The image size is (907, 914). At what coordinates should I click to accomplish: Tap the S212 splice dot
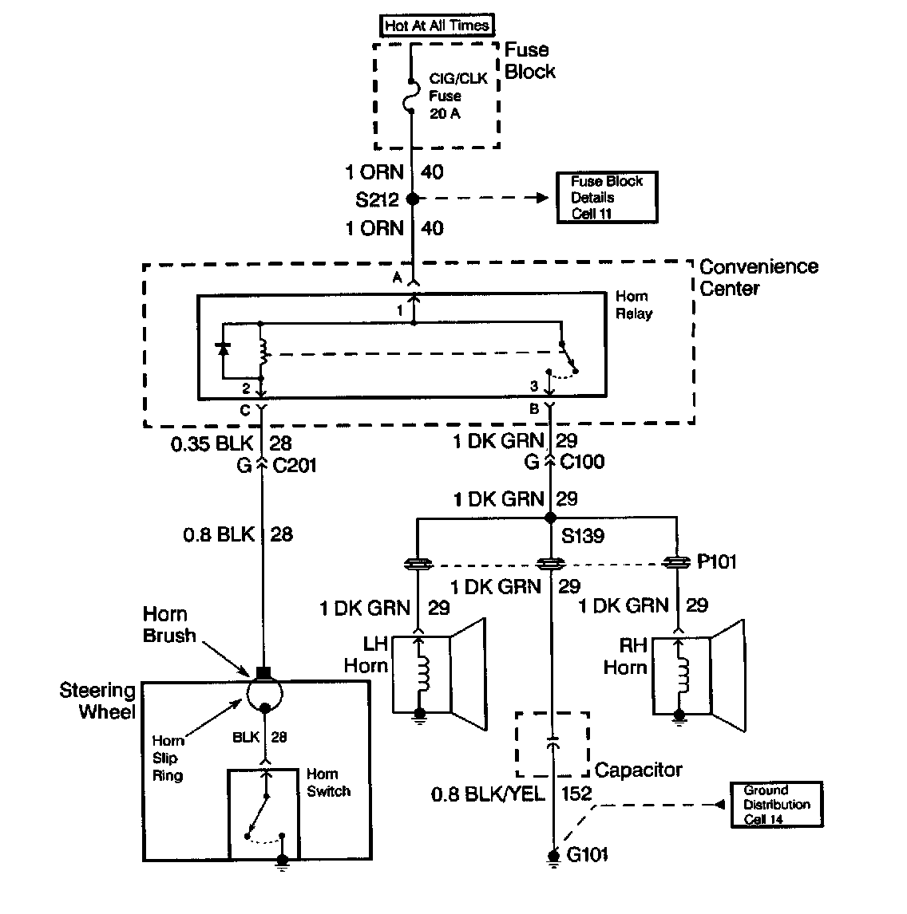point(412,199)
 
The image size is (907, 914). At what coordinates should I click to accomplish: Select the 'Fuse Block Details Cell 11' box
point(607,197)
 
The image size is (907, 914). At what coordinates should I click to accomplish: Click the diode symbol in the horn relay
point(224,349)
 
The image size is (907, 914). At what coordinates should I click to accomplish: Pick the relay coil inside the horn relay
point(262,349)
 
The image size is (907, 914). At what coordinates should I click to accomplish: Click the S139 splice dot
point(550,518)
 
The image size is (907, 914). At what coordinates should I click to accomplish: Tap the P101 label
point(716,562)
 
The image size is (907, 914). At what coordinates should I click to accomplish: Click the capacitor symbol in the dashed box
point(552,743)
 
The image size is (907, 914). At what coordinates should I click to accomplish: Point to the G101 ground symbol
point(552,857)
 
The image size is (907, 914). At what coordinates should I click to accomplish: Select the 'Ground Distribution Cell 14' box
point(776,804)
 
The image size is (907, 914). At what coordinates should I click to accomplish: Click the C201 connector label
point(295,465)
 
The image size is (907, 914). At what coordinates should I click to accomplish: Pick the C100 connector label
point(581,461)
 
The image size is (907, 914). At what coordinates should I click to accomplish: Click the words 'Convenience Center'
point(758,277)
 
